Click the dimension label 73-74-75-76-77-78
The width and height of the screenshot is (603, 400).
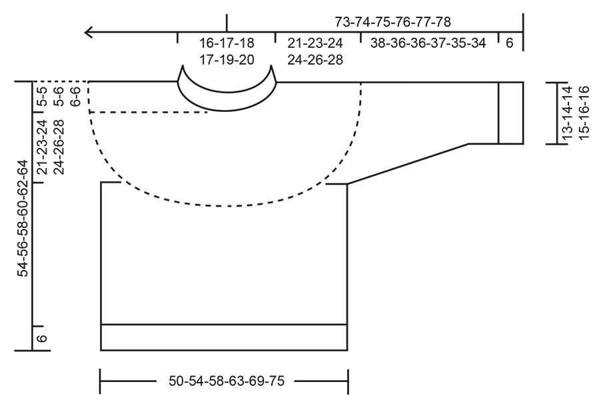click(x=397, y=22)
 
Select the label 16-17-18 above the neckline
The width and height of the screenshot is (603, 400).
click(x=227, y=43)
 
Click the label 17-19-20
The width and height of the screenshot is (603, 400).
click(x=227, y=59)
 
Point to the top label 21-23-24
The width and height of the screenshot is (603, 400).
click(x=315, y=43)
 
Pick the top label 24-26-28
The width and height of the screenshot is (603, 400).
click(x=315, y=59)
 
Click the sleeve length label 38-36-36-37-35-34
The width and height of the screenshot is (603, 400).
click(x=428, y=43)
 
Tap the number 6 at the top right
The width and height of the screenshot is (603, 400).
click(x=510, y=43)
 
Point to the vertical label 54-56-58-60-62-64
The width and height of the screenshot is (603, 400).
click(x=24, y=217)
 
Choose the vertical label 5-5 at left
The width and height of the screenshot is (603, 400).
click(x=41, y=97)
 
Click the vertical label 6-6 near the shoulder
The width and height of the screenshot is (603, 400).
click(x=75, y=97)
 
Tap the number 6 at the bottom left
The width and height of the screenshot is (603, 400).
click(x=41, y=338)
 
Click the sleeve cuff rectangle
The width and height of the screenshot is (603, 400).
click(x=510, y=112)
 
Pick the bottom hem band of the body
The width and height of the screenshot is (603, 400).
click(x=224, y=337)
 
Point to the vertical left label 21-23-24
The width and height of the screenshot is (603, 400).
click(x=41, y=147)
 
